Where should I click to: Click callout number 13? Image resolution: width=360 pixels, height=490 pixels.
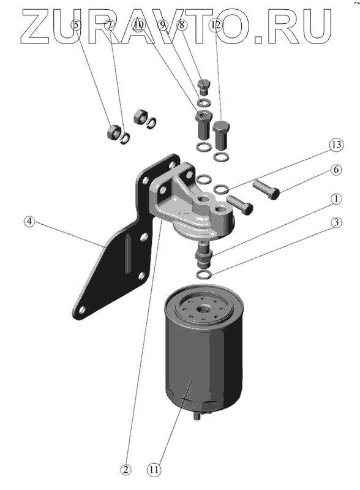coord(336,145)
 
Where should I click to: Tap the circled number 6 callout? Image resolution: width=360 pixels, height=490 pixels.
coord(336,170)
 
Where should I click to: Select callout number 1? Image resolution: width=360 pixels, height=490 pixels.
coord(336,198)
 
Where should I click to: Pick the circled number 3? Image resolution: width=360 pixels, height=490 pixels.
coord(336,222)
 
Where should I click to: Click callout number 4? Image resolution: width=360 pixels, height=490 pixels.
coord(29,222)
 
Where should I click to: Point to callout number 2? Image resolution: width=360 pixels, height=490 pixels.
coord(126,470)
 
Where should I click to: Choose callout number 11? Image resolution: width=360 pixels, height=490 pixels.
coord(154,470)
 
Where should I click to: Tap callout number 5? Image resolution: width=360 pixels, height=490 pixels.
coord(77,24)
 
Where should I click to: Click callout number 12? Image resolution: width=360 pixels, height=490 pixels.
coord(216,24)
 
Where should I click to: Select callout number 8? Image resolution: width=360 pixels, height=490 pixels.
coord(182,24)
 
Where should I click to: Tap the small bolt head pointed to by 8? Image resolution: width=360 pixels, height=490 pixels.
coord(204,87)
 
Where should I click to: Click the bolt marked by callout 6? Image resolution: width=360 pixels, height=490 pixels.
coord(266,189)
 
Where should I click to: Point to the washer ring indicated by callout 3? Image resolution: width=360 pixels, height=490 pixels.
coord(204,274)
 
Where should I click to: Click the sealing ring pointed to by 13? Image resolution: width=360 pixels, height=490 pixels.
coord(222,189)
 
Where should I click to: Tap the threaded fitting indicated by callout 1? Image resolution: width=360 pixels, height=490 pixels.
coord(204,255)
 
